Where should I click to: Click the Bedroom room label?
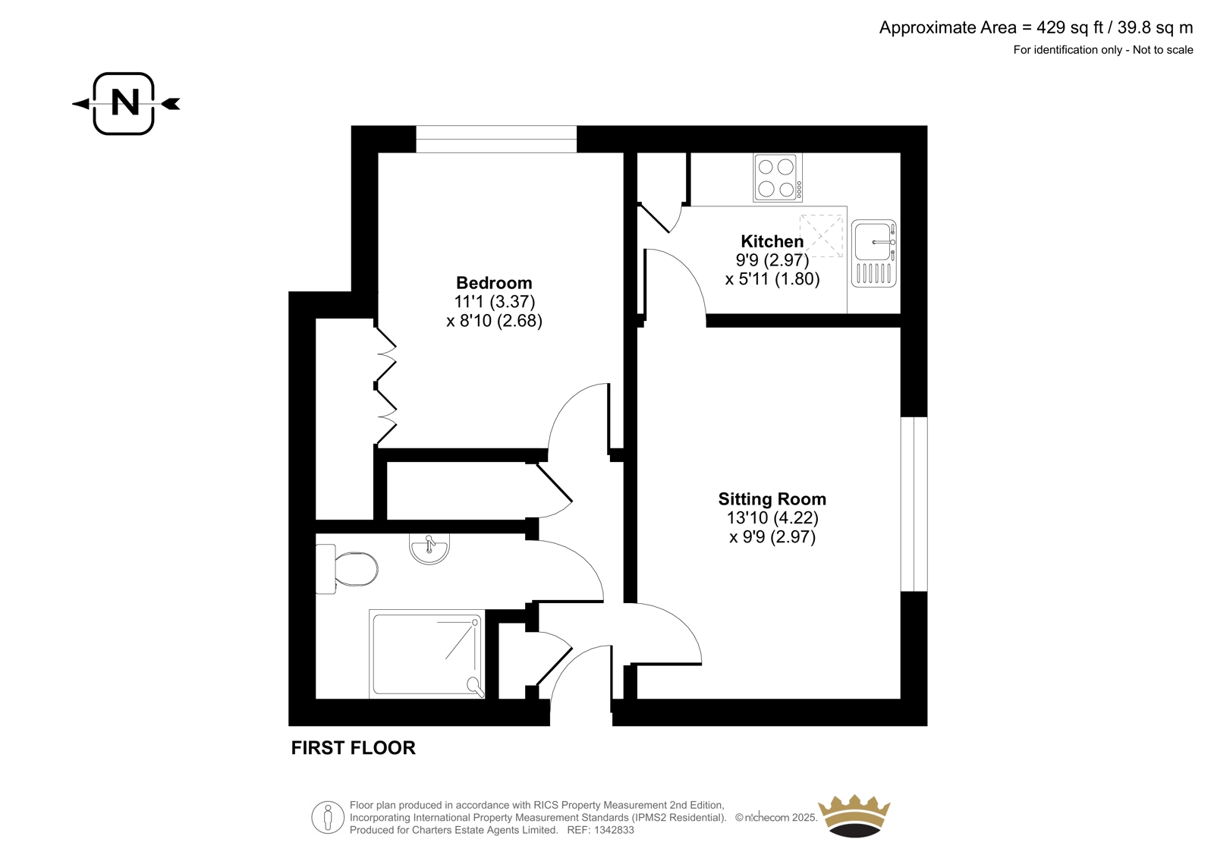coord(494,283)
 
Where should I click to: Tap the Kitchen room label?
coord(772,241)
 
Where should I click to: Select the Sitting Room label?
coord(772,498)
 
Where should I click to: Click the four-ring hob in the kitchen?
coord(778,178)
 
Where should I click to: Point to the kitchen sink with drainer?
coord(873,253)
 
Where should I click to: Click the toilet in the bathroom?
coord(347,569)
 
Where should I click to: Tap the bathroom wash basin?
coord(429,548)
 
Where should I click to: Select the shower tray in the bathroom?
coord(427,654)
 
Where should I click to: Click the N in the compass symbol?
coord(124,103)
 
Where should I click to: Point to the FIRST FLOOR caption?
coord(354,748)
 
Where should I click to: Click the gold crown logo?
coord(854,816)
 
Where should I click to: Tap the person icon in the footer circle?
coord(328,817)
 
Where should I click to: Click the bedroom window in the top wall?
coord(496,140)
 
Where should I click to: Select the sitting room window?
coord(914,504)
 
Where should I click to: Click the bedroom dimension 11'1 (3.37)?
coord(494,302)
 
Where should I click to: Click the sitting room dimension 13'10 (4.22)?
coord(772,518)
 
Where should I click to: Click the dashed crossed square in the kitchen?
coord(822,236)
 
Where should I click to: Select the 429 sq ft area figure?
coord(1071,27)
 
